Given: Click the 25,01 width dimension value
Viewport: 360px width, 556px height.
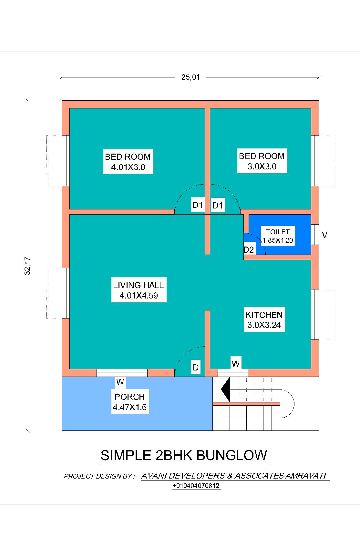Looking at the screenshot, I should click(190, 77).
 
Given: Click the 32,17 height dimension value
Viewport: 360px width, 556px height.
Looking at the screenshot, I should click(28, 265).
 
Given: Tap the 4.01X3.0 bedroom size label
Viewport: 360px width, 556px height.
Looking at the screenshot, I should click(128, 167).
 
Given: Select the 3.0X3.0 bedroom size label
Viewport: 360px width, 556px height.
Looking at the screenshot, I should click(262, 167).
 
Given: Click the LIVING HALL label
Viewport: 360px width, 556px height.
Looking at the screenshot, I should click(139, 285).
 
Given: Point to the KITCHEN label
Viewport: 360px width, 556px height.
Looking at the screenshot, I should click(264, 315).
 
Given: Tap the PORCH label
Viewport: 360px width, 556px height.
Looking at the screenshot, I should click(130, 397).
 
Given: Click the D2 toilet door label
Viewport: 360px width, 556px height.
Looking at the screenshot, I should click(249, 249).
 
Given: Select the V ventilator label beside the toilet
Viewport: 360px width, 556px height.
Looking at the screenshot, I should click(325, 235).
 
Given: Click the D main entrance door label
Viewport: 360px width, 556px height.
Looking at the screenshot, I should click(196, 368).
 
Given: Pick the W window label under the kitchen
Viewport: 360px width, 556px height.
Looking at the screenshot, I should click(236, 364).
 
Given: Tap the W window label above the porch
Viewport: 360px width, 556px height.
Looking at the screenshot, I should click(120, 382).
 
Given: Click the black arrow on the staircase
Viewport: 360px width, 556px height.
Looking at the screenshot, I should click(226, 389).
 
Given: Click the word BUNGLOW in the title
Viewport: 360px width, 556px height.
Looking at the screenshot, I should click(231, 455).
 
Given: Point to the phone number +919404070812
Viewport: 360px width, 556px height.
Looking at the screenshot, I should click(196, 486).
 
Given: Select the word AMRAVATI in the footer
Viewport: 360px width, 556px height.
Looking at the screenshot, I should click(306, 476).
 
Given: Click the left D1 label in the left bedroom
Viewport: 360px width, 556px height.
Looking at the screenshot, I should click(197, 205).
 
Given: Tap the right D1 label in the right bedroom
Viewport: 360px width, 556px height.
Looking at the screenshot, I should click(218, 206).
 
